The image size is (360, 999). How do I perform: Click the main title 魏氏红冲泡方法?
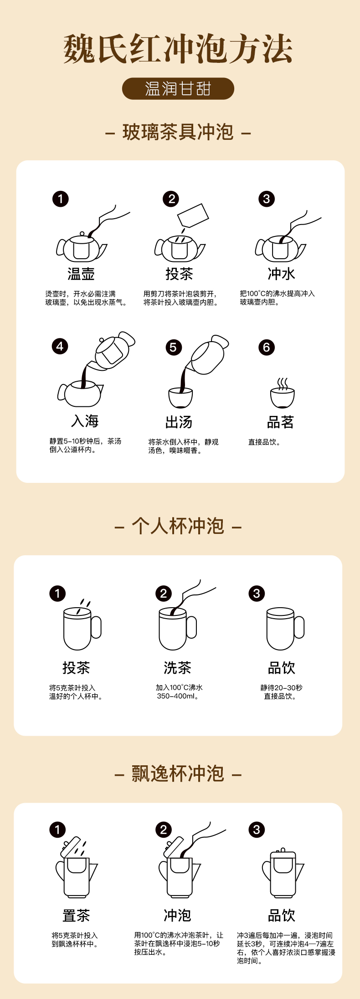click(178, 49)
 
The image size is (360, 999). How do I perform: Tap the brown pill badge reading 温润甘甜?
click(178, 88)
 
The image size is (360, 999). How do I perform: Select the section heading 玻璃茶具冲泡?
click(178, 132)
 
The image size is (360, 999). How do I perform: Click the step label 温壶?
click(81, 274)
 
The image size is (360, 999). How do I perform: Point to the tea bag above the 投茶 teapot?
click(193, 215)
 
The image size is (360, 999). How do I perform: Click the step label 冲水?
click(281, 274)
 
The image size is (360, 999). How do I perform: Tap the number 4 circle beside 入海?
click(60, 346)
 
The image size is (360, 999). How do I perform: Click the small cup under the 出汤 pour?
click(180, 398)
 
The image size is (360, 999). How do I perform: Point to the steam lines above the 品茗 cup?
click(283, 384)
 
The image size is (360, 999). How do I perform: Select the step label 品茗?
click(280, 422)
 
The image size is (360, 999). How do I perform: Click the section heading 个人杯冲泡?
click(178, 526)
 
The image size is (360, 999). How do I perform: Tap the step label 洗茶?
click(177, 668)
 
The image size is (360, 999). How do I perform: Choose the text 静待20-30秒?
click(281, 687)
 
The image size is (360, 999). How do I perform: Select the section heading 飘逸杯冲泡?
click(178, 774)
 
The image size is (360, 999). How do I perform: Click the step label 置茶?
click(76, 915)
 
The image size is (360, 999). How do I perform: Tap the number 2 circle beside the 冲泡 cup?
click(164, 830)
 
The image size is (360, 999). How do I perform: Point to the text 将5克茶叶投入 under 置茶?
click(74, 935)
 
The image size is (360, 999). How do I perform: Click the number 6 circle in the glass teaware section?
click(267, 348)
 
